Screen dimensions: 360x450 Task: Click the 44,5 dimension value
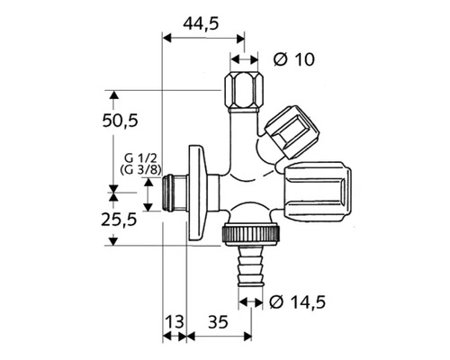(x=201, y=24)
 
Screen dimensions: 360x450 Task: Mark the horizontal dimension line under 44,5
(x=201, y=37)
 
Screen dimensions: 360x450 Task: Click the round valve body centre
(x=243, y=187)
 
